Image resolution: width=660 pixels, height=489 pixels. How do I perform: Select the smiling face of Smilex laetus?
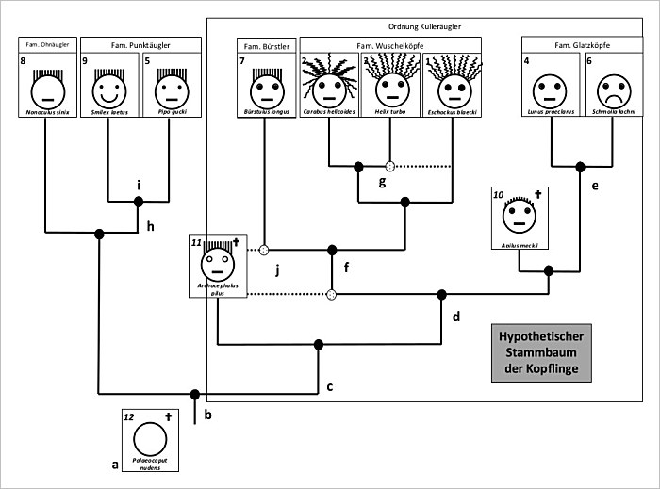(x=109, y=91)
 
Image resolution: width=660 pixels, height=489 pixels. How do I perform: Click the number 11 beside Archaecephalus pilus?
(x=198, y=242)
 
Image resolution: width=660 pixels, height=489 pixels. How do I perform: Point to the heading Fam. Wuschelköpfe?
(x=390, y=44)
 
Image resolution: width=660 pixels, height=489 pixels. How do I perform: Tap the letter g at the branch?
(x=383, y=182)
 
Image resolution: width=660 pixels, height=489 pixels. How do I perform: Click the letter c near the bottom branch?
(x=330, y=387)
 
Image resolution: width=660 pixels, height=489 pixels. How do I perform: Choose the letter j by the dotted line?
(x=278, y=270)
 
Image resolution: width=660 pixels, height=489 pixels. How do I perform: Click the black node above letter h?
(x=139, y=202)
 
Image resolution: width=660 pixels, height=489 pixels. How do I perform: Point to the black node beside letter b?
(x=195, y=395)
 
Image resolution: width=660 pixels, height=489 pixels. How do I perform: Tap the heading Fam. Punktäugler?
(x=141, y=44)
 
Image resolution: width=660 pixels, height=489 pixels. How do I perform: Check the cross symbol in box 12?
(x=170, y=416)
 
